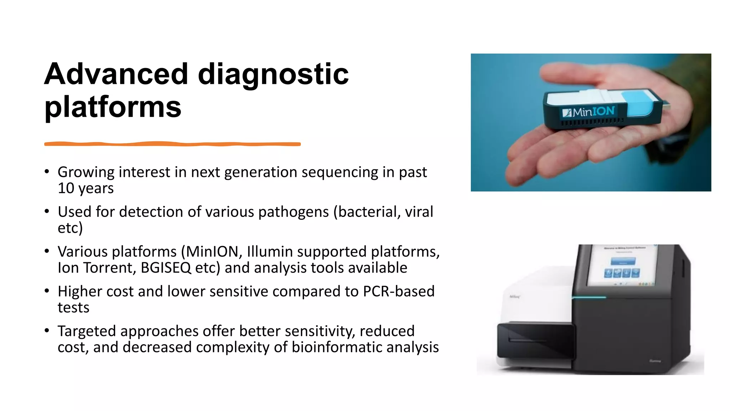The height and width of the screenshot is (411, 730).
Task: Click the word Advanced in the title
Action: point(116,74)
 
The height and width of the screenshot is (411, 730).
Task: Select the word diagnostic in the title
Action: point(273,74)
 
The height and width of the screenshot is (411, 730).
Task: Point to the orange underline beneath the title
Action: point(172,144)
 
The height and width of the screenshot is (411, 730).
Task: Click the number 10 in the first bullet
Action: point(66,188)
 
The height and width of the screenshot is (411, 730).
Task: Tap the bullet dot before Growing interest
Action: point(47,172)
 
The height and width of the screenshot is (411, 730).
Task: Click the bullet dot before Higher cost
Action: point(47,291)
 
